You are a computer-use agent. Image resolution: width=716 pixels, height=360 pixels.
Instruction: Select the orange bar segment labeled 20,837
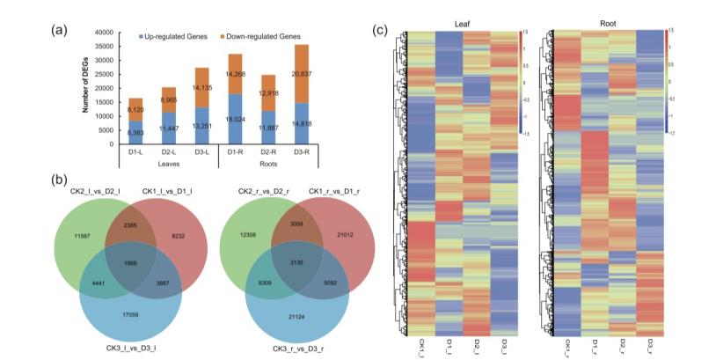[x=302, y=74]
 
